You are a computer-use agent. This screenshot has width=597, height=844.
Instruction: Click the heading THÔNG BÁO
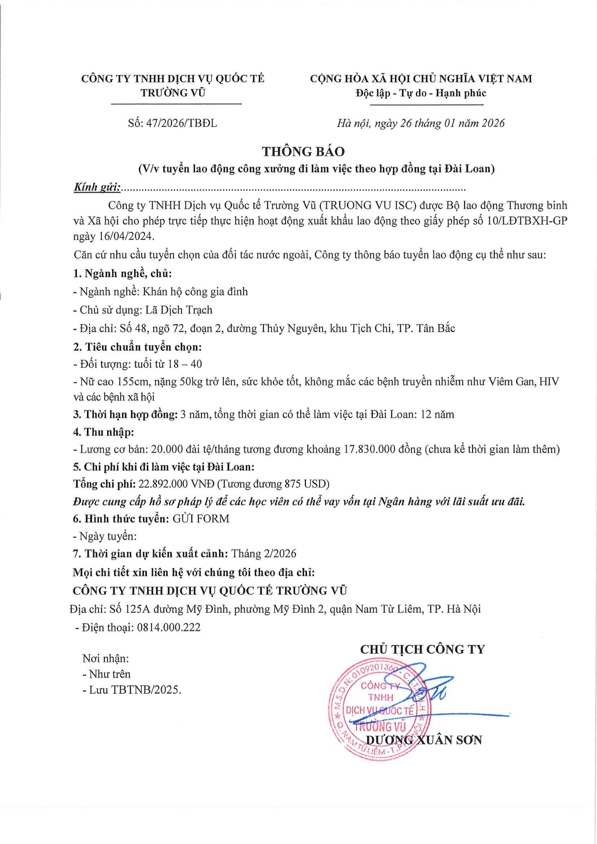pyautogui.click(x=303, y=151)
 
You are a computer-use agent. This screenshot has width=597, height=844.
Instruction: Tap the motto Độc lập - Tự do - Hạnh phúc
pyautogui.click(x=421, y=93)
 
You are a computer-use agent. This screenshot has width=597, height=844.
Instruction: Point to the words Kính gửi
pyautogui.click(x=97, y=187)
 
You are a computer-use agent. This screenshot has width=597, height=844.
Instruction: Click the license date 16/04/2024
pyautogui.click(x=126, y=236)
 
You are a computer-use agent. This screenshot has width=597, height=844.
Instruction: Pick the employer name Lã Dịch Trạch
pyautogui.click(x=179, y=310)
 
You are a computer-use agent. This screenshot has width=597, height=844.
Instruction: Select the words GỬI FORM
pyautogui.click(x=201, y=519)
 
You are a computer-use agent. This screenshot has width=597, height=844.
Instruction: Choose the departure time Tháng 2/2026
pyautogui.click(x=264, y=554)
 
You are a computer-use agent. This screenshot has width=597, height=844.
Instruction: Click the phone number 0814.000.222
pyautogui.click(x=168, y=628)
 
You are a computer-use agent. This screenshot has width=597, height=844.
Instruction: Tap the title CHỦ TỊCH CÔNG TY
pyautogui.click(x=423, y=649)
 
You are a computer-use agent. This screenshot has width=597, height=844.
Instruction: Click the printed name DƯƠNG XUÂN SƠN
pyautogui.click(x=423, y=740)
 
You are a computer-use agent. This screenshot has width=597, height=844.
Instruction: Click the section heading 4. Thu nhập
pyautogui.click(x=103, y=432)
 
